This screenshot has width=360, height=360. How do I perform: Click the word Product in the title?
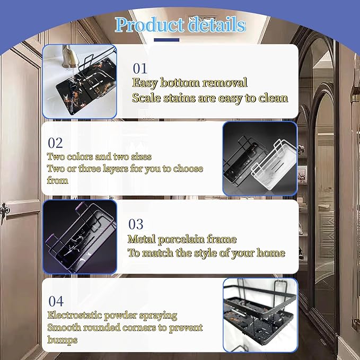pyautogui.click(x=149, y=25)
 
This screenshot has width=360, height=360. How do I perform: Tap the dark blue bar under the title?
pyautogui.click(x=166, y=40)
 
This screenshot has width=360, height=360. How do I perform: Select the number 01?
pyautogui.click(x=140, y=68)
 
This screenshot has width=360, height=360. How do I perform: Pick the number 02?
pyautogui.click(x=55, y=143)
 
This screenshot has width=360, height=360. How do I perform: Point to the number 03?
pyautogui.click(x=136, y=224)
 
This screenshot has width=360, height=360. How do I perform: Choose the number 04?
pyautogui.click(x=56, y=301)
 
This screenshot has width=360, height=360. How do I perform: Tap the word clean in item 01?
pyautogui.click(x=273, y=98)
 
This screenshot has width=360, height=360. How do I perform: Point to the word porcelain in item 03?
pyautogui.click(x=181, y=240)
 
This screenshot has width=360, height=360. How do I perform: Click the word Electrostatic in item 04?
pyautogui.click(x=75, y=315)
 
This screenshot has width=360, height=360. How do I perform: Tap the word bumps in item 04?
pyautogui.click(x=62, y=340)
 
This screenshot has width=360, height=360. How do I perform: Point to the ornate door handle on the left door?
pyautogui.click(x=5, y=210)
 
